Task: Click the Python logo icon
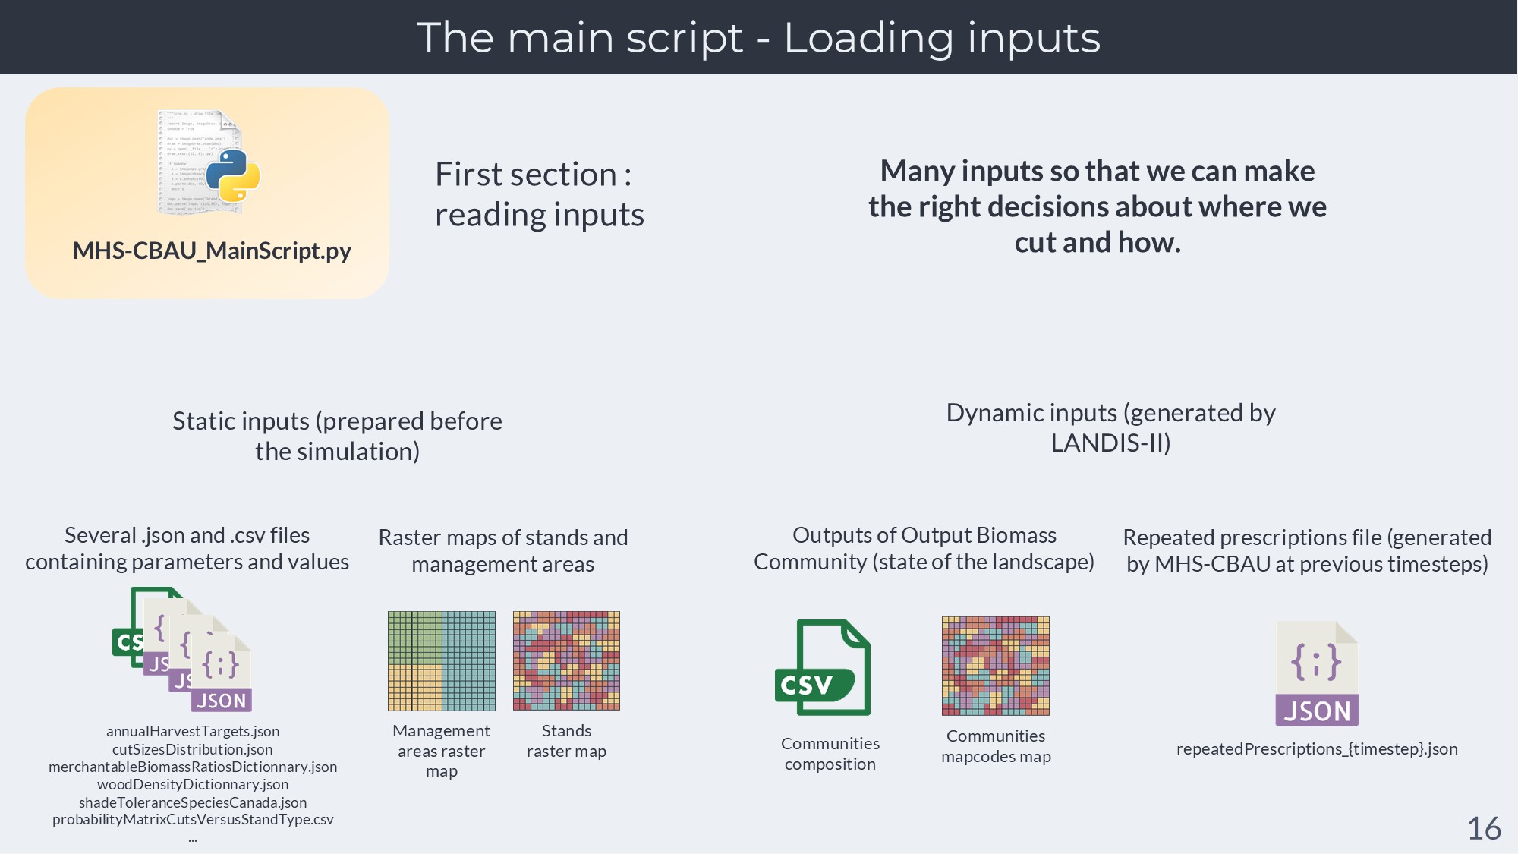(233, 175)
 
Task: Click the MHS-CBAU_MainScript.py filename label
(212, 251)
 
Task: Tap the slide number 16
(1484, 828)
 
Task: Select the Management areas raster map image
(441, 660)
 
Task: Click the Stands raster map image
(566, 660)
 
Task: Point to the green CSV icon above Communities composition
(823, 667)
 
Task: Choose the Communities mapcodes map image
(995, 666)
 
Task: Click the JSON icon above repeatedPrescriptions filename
(1316, 673)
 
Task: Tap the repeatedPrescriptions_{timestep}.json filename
(1317, 749)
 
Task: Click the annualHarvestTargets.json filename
(193, 731)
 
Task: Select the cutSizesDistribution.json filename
(193, 749)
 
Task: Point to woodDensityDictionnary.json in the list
(193, 784)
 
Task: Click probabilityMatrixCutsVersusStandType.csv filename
(193, 820)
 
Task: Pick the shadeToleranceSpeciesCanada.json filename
(193, 802)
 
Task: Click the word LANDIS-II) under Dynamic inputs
(1110, 443)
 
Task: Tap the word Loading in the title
(868, 38)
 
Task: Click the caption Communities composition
(830, 754)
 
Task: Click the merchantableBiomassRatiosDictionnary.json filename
(193, 767)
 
